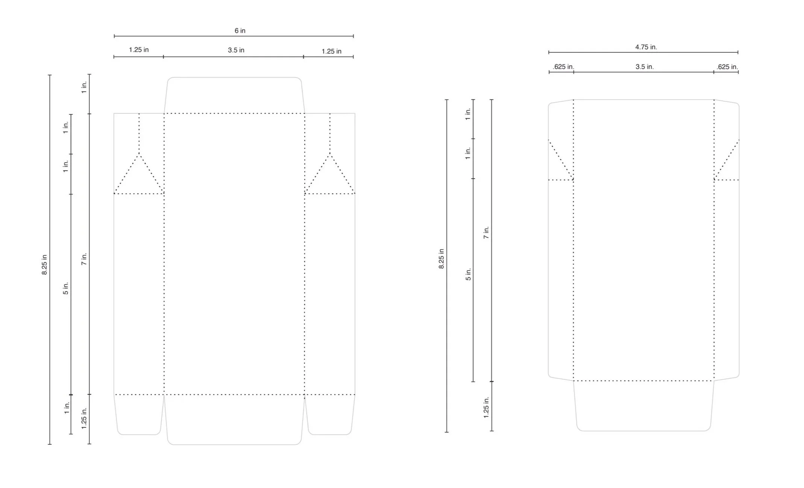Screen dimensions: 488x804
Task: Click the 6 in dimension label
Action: [x=240, y=31]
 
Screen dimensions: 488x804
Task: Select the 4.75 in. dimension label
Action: [x=646, y=47]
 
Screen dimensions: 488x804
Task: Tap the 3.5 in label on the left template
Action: [x=236, y=50]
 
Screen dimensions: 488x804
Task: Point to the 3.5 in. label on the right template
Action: [x=645, y=67]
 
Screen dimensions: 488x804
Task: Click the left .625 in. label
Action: [x=563, y=67]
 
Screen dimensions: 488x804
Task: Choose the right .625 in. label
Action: [x=727, y=67]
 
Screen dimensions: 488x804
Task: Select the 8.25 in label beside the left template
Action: [x=44, y=265]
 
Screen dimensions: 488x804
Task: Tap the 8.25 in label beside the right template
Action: [x=441, y=259]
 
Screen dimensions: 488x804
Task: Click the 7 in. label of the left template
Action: [x=84, y=259]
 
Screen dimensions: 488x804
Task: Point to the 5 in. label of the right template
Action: [x=468, y=274]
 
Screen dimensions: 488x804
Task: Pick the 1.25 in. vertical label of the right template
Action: [x=486, y=407]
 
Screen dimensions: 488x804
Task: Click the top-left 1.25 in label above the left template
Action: [x=139, y=50]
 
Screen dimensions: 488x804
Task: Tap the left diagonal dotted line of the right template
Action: [x=561, y=160]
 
